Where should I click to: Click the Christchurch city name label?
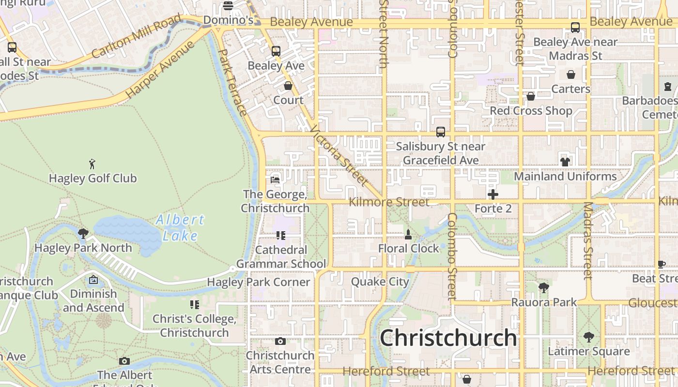[x=448, y=338]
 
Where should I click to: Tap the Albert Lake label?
[x=180, y=227]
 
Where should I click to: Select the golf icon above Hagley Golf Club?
[x=92, y=164]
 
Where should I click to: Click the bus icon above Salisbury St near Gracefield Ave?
[x=441, y=132]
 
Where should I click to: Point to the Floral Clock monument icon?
[x=408, y=235]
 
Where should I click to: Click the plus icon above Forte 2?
[x=493, y=194]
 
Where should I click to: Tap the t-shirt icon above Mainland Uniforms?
[x=565, y=162]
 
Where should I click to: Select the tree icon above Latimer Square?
[x=589, y=337]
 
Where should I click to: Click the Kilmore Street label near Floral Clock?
[x=389, y=202]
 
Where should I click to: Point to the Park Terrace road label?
[x=233, y=82]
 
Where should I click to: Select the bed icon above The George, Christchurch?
[x=275, y=180]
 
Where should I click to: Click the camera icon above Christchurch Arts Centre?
[x=280, y=341]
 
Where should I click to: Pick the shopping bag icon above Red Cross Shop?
[x=531, y=96]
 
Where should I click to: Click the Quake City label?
[x=380, y=282]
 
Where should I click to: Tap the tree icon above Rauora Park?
[x=544, y=288]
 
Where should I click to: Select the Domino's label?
[x=228, y=20]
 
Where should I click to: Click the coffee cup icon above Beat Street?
[x=662, y=264]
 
